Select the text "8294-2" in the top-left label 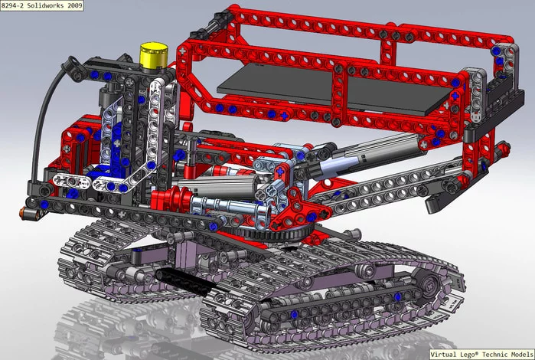pyautogui.click(x=17, y=6)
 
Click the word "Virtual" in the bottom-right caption pyautogui.click(x=444, y=354)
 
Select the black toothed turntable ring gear pyautogui.click(x=283, y=231)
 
